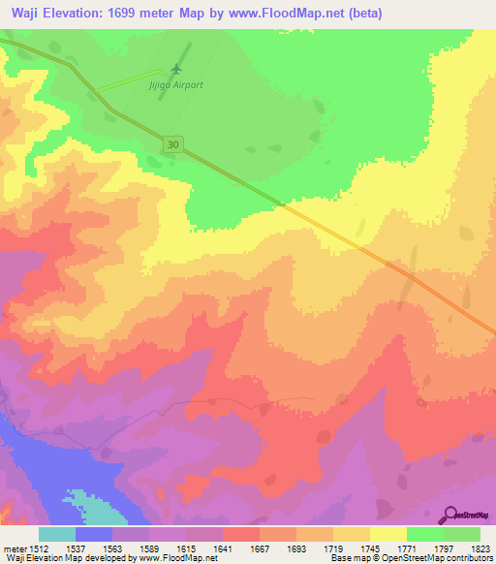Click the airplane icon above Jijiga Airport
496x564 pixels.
[x=175, y=69]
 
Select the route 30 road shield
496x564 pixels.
[x=170, y=143]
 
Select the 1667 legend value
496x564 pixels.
[x=260, y=548]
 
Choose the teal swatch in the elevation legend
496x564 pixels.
[x=57, y=534]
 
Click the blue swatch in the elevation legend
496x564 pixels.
[x=94, y=534]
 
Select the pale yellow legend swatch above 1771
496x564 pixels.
[x=388, y=534]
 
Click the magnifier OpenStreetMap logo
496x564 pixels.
[x=450, y=515]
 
